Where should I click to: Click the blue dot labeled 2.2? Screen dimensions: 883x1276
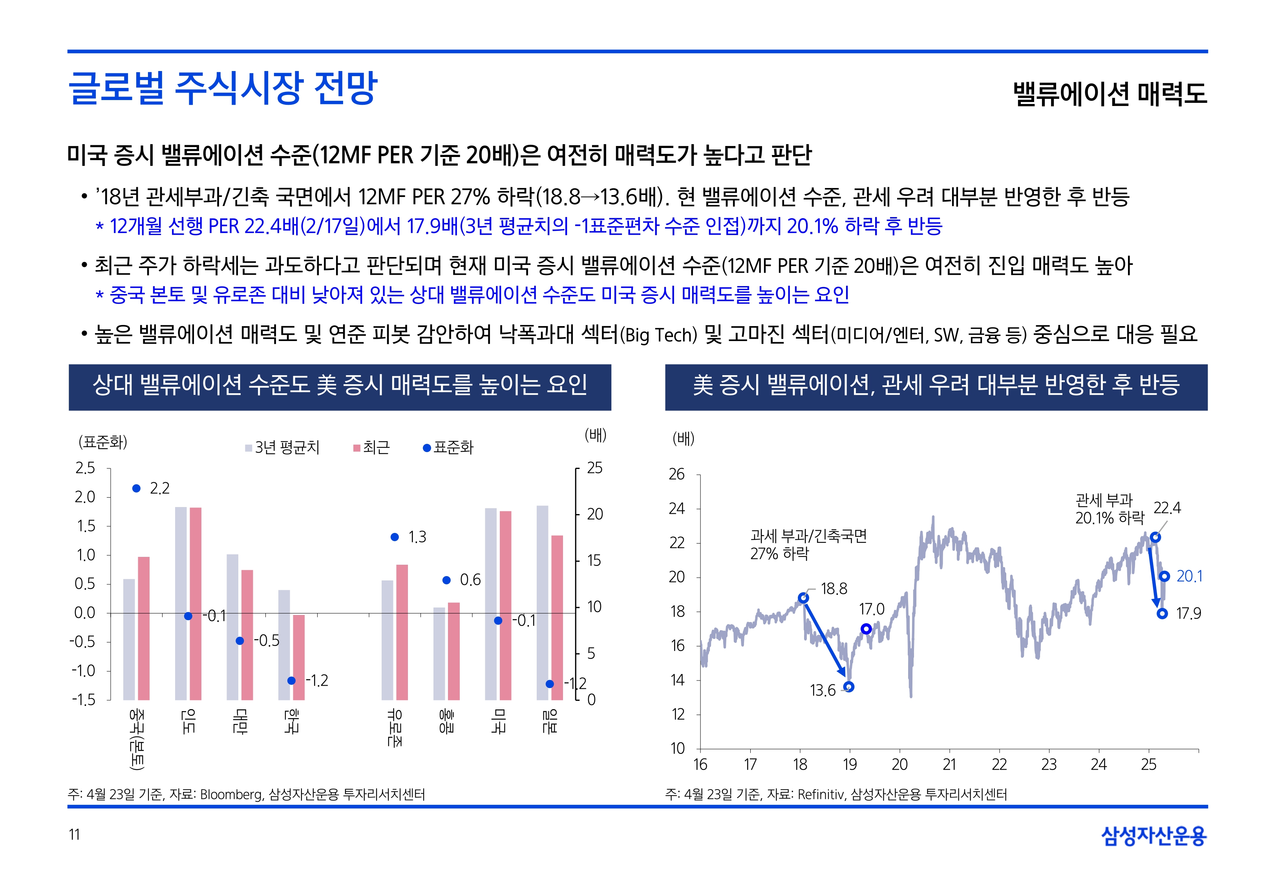pos(136,488)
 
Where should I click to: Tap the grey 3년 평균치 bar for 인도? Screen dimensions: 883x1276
pos(180,603)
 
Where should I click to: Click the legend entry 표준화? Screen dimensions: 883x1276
pos(448,448)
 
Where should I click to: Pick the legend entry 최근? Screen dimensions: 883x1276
pos(372,448)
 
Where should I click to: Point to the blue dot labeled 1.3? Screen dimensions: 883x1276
pos(395,536)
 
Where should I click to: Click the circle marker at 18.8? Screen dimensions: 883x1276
pos(803,598)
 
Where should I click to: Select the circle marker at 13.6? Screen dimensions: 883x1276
pos(849,687)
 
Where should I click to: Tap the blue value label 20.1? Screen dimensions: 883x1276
pos(1189,577)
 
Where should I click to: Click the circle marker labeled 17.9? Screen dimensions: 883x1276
pos(1162,613)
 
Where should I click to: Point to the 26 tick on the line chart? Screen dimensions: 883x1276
pos(677,474)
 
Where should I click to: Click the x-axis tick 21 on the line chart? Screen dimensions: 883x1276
pos(949,764)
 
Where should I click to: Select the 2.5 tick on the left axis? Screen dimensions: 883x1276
pos(85,468)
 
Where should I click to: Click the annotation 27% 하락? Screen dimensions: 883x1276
pos(779,553)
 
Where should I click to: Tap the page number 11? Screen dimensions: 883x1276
pos(74,834)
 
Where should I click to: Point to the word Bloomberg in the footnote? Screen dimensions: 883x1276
pos(231,794)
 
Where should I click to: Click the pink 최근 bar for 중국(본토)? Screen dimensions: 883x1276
pos(143,628)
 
